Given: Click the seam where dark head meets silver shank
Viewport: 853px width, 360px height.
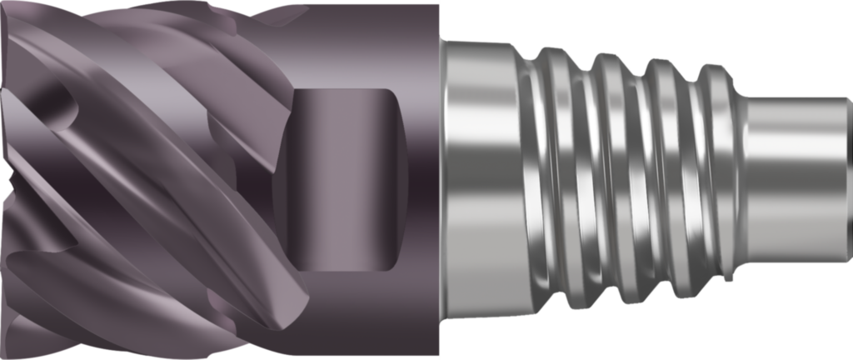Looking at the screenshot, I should pos(439,179).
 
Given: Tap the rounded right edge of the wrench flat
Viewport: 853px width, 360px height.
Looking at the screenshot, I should pos(398,179).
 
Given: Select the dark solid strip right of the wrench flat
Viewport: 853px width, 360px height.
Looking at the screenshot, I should pos(421,179).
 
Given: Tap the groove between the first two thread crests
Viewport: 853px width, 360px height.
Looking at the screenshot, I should pos(583,179).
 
